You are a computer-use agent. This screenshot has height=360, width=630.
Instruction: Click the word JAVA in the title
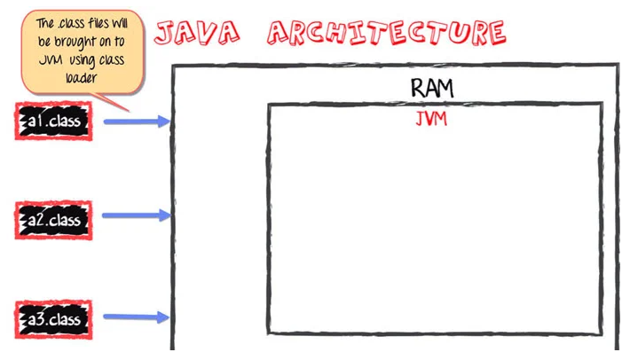197,32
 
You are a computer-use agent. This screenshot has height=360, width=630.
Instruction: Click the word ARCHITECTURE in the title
388,33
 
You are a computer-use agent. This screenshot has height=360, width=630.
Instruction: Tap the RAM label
432,88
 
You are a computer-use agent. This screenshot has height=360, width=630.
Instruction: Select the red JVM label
431,119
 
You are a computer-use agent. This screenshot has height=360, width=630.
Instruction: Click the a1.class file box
53,121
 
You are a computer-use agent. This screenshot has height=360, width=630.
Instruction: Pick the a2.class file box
53,219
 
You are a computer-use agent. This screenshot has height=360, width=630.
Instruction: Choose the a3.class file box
53,317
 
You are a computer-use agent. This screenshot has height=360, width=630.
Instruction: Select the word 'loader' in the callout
81,77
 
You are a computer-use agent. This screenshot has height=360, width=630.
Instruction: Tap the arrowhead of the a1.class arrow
163,121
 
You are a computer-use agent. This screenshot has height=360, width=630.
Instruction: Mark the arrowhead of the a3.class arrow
163,317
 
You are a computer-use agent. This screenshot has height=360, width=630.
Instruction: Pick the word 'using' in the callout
90,59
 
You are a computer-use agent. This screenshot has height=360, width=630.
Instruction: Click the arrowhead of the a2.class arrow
163,215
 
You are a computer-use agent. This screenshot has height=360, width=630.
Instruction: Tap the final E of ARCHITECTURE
493,33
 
